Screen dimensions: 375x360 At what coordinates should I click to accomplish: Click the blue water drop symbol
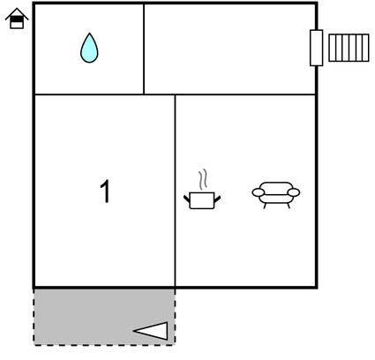point(89,49)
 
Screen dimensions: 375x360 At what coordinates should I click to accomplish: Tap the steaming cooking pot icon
point(202,190)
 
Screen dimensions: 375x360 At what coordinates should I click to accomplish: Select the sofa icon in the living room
point(276,195)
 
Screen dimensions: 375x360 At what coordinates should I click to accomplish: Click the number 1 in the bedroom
point(105,191)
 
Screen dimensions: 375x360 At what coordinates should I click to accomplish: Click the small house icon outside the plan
point(17,19)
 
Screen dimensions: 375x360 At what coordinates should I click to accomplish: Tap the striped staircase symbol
point(349,48)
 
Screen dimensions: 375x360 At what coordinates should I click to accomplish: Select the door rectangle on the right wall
point(317,48)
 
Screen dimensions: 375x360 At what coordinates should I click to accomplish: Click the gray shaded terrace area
point(104,317)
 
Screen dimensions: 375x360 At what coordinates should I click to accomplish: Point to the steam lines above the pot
point(202,179)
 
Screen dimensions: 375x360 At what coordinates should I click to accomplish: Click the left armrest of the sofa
point(259,192)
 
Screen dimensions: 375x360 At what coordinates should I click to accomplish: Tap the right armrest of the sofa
point(294,192)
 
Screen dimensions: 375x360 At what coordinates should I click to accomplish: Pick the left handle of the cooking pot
point(187,199)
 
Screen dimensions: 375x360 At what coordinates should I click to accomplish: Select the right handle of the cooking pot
point(217,199)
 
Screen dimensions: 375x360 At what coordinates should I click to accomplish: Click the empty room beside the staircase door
point(229,49)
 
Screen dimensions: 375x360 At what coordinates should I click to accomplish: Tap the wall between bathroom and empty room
point(144,49)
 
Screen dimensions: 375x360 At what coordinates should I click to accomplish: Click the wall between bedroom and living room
point(176,191)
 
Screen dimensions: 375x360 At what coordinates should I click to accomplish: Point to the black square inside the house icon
point(17,19)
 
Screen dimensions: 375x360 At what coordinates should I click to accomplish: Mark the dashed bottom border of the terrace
point(104,345)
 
